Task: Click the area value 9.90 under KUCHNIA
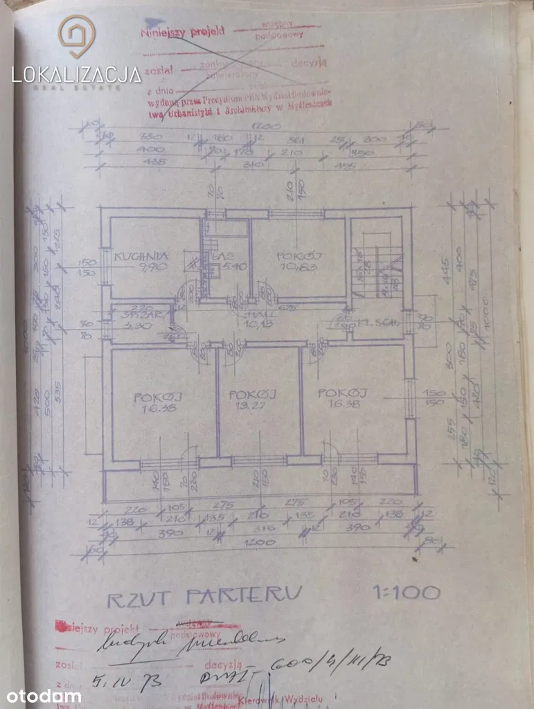pyautogui.click(x=134, y=267)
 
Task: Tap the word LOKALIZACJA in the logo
pyautogui.click(x=76, y=74)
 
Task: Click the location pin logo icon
pyautogui.click(x=75, y=36)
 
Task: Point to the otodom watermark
pyautogui.click(x=44, y=695)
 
